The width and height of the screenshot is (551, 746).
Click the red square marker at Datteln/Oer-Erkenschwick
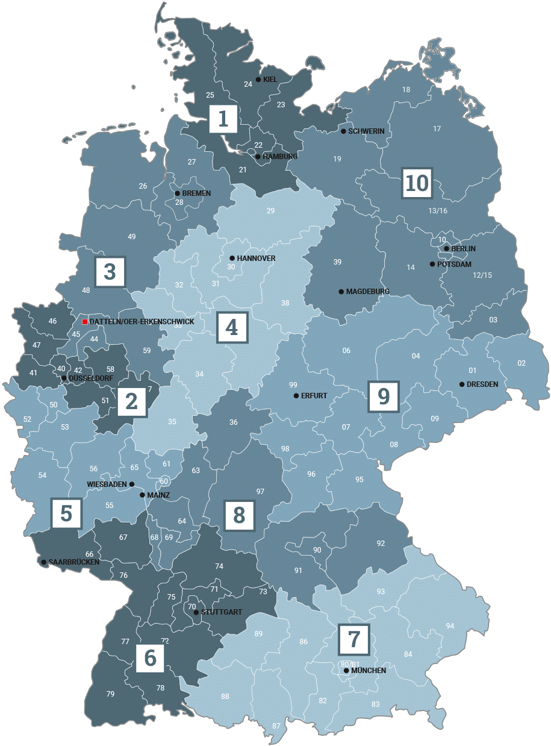[85, 322]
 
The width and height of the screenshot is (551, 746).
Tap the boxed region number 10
[417, 183]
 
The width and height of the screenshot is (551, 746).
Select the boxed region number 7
[354, 639]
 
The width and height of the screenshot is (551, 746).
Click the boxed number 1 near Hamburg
[223, 119]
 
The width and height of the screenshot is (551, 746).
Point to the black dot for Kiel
[258, 80]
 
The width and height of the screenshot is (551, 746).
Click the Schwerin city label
[366, 131]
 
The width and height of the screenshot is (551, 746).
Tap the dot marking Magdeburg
[341, 292]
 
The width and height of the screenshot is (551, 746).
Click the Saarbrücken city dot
[43, 562]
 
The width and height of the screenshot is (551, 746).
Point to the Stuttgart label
[222, 612]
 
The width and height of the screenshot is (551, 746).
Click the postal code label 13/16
[438, 211]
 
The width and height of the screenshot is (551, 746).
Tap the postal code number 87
[276, 726]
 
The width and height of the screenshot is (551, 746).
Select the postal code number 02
[521, 363]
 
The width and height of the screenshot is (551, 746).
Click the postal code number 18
[406, 90]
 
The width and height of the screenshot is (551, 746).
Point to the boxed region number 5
[66, 514]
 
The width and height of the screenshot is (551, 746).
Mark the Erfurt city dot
[296, 396]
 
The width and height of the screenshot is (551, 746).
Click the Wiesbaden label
[107, 484]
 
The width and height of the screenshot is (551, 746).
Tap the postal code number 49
[132, 237]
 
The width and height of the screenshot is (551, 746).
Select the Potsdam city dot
[432, 264]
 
